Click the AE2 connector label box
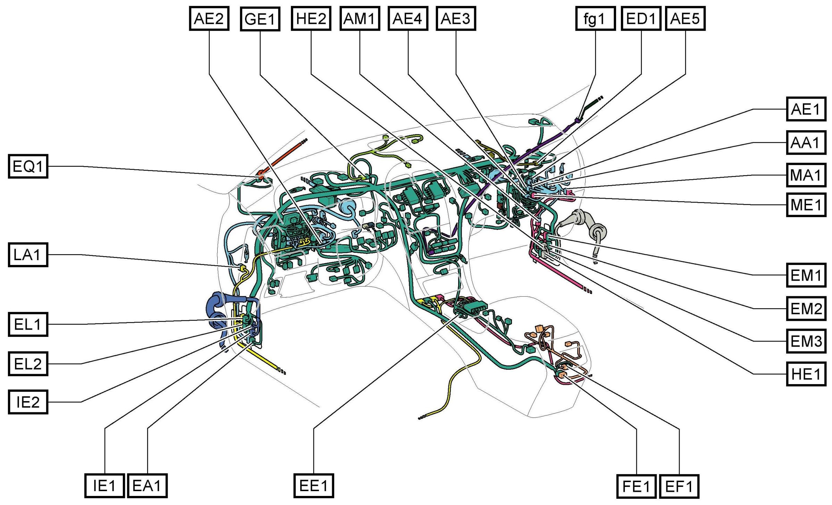tap(209, 18)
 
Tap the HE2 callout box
tap(311, 18)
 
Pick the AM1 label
tap(360, 18)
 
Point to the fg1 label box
tap(595, 18)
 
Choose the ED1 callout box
tap(641, 18)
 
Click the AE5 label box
tap(685, 18)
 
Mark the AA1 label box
tap(806, 142)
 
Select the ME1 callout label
tap(806, 205)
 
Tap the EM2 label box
tap(806, 308)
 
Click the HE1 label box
tap(806, 374)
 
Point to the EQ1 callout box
tap(28, 166)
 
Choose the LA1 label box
tap(28, 255)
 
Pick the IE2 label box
tap(28, 402)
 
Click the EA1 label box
tap(147, 486)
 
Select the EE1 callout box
tap(313, 486)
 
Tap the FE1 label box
tap(636, 486)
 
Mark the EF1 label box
tap(679, 486)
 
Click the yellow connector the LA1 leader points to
tap(242, 268)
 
